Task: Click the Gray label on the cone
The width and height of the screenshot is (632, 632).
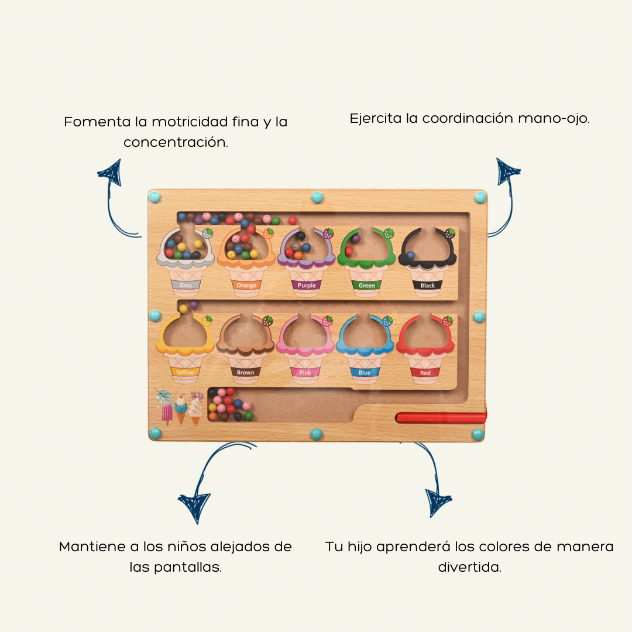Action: (186, 286)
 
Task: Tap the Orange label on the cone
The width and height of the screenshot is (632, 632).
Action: (246, 286)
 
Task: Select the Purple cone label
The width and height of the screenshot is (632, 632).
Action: (307, 286)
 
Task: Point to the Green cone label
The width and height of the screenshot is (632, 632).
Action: (367, 286)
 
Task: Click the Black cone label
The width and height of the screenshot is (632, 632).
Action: (428, 286)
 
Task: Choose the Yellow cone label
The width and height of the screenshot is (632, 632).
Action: (185, 372)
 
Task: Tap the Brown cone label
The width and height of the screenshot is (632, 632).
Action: (246, 372)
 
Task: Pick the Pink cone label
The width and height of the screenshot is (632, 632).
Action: (305, 372)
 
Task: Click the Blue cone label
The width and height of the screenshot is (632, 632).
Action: (365, 372)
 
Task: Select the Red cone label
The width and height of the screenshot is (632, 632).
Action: (425, 373)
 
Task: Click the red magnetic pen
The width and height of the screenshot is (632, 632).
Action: (441, 418)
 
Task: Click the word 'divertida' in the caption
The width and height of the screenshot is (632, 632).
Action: (469, 568)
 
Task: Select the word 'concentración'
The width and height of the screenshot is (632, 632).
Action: (176, 142)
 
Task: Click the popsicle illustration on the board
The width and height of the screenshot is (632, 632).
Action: (166, 410)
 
